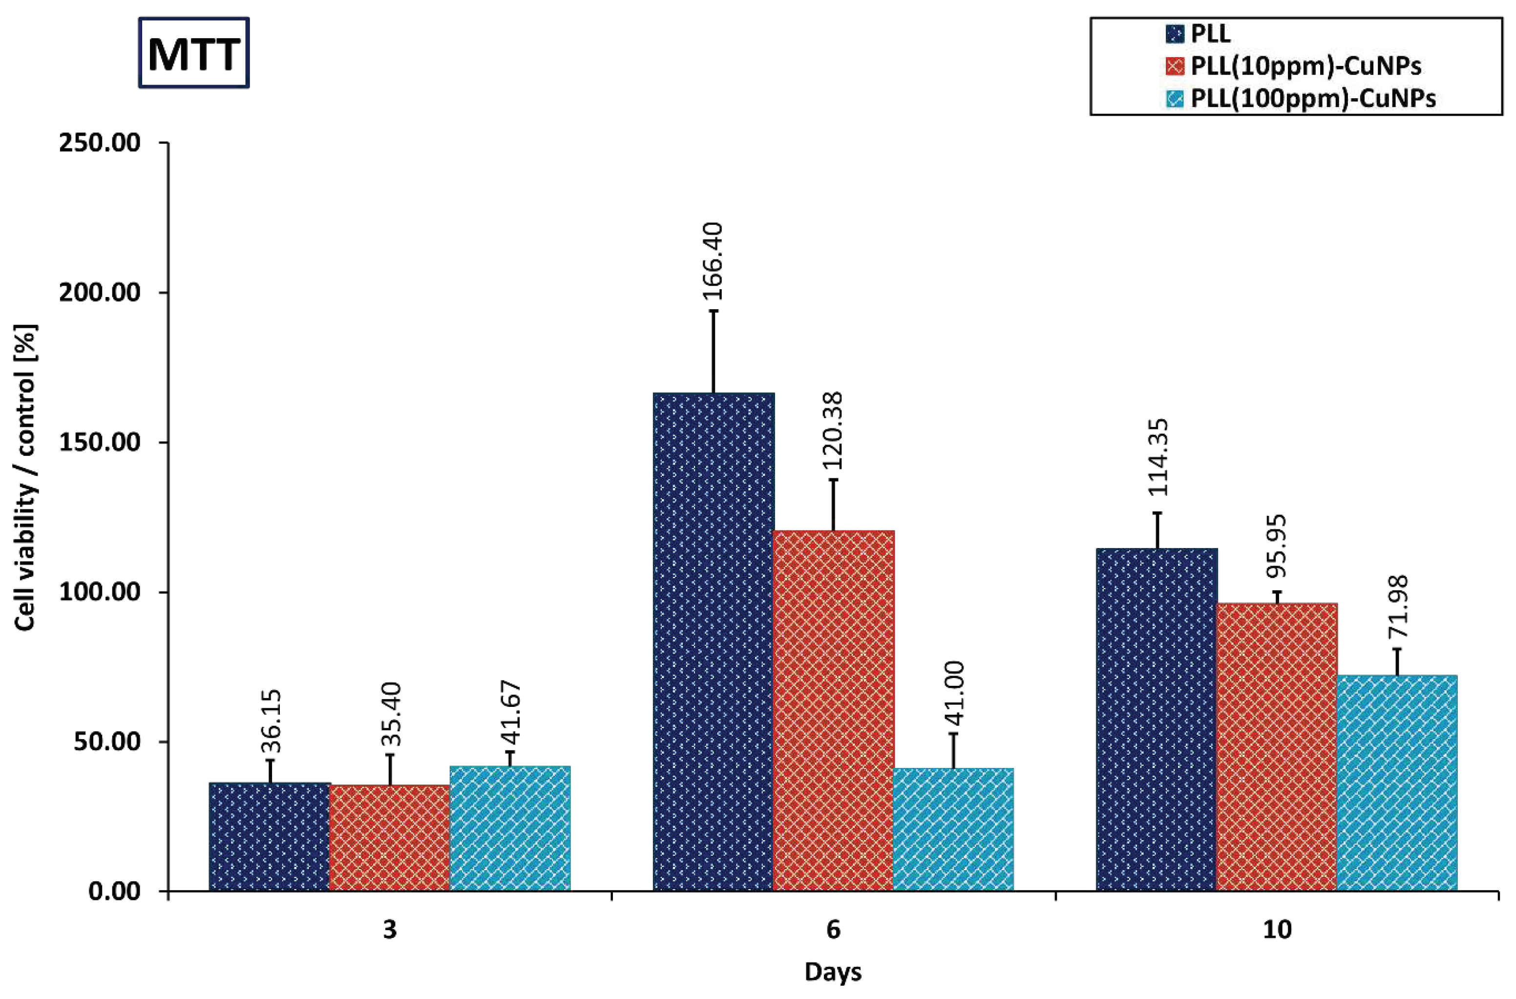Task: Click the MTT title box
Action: pos(193,53)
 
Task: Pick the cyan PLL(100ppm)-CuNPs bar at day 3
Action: pos(509,828)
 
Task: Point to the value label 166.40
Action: pos(714,261)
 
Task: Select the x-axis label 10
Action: pos(1277,931)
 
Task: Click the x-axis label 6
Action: pos(833,931)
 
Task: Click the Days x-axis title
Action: pos(833,972)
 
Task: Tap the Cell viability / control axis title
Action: pos(25,478)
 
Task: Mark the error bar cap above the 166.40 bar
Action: pos(714,311)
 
